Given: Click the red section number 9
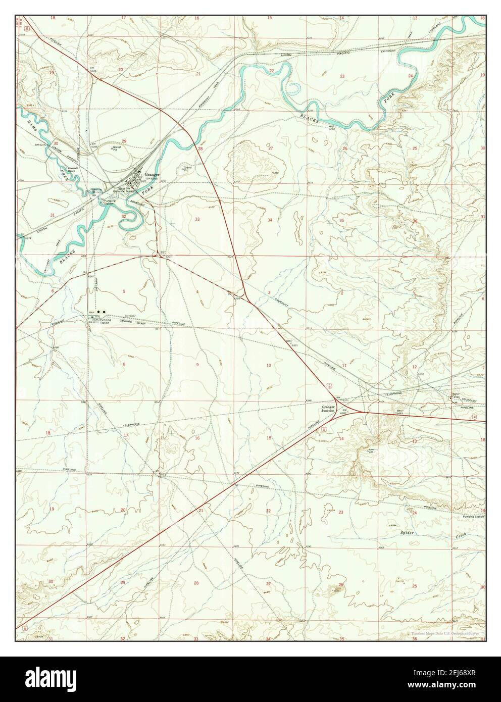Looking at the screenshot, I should tap(197, 364).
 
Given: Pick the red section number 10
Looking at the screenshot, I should tap(269, 365).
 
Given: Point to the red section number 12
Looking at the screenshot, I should tap(414, 366).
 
